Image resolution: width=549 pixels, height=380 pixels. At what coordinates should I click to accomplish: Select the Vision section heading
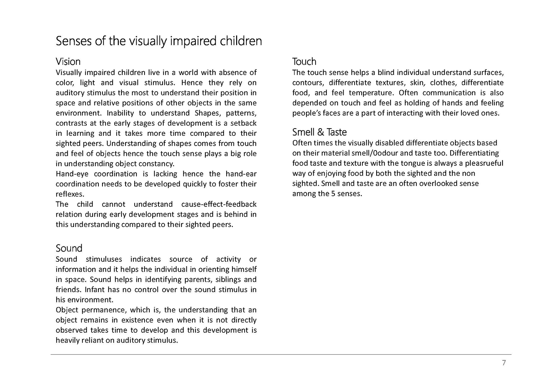tap(68, 62)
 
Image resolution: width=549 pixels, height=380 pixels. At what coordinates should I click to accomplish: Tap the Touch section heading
tap(304, 62)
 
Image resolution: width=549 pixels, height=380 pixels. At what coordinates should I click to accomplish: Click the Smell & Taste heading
tap(319, 132)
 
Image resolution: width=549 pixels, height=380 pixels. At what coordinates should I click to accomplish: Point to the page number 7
tap(504, 363)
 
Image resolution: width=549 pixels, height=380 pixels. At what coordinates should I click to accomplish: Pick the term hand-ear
tap(241, 174)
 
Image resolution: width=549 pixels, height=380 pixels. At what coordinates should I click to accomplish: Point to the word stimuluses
tap(104, 259)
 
